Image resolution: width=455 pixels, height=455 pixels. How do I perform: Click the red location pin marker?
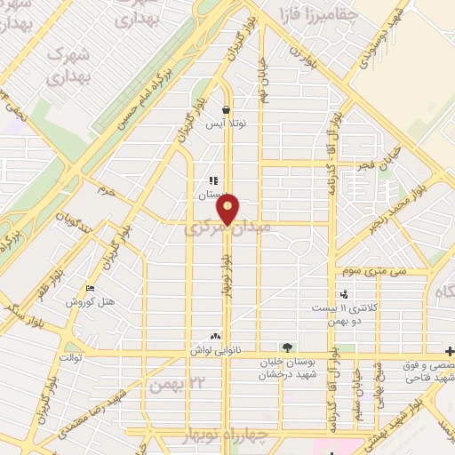pos(228,208)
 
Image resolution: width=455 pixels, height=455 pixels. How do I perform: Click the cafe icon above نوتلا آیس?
pos(226,110)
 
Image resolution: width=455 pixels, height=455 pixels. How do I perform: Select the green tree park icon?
pos(285,347)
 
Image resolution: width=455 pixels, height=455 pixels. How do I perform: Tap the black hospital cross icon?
pos(450,350)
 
